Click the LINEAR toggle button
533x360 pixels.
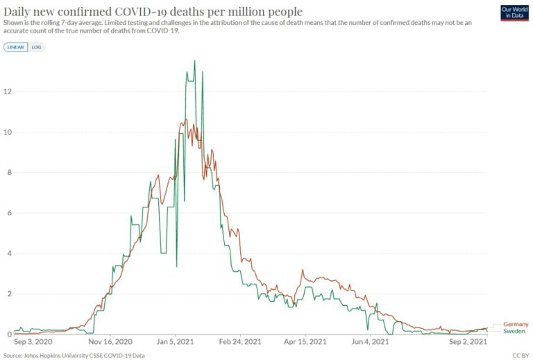tap(16, 47)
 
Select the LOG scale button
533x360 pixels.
tap(37, 47)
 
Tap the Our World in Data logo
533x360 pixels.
tap(514, 12)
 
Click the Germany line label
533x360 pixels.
tap(515, 324)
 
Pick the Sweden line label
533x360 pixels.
tap(514, 332)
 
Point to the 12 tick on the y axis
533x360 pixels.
tap(7, 92)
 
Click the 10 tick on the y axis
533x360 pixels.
tap(7, 132)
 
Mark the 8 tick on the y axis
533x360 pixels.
tap(8, 173)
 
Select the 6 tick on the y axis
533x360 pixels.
tap(8, 213)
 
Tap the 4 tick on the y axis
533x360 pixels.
tap(8, 253)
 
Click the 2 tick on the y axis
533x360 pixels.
tap(8, 294)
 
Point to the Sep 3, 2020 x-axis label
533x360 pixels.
tap(33, 342)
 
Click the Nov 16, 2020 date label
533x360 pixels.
tap(111, 342)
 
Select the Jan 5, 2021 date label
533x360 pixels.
tap(176, 342)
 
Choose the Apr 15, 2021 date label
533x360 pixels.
tap(305, 342)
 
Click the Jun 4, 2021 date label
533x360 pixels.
tap(370, 342)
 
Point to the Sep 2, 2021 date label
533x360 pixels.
tap(468, 342)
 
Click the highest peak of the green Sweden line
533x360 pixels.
tap(194, 61)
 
